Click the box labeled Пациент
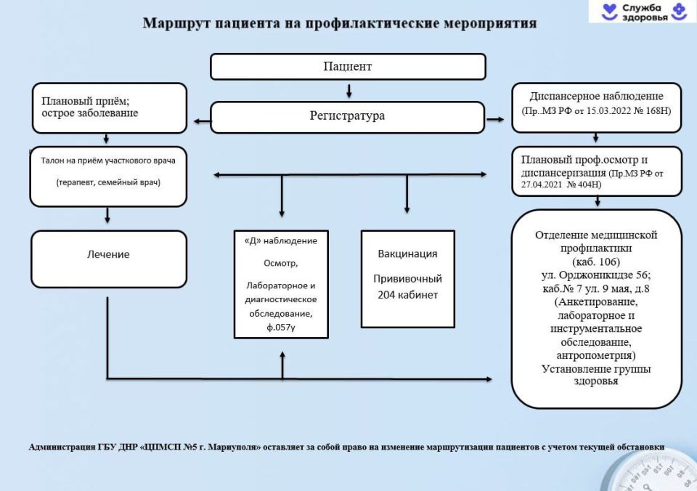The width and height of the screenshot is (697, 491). click(348, 67)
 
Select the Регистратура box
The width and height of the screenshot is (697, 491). click(347, 116)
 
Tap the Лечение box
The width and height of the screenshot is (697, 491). click(108, 255)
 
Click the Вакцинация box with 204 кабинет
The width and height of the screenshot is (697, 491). click(407, 278)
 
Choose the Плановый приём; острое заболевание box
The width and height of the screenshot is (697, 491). click(108, 107)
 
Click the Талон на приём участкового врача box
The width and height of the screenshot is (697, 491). click(108, 175)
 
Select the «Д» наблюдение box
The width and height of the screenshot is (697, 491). click(281, 284)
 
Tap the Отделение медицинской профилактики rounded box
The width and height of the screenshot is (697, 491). click(596, 308)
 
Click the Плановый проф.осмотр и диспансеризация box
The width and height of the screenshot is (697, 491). click(597, 171)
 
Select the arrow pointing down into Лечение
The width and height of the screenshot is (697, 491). click(107, 215)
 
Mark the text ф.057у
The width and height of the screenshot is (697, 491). click(281, 327)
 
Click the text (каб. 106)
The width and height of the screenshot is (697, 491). click(596, 261)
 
